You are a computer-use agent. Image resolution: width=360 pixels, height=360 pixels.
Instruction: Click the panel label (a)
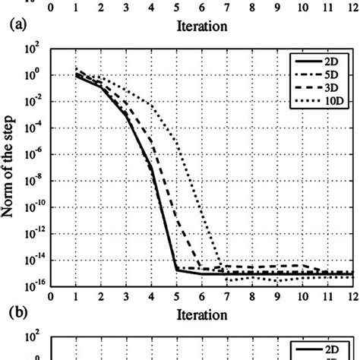pyautogui.click(x=18, y=24)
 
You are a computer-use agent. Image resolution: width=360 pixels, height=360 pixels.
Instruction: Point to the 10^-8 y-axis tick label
pyautogui.click(x=35, y=179)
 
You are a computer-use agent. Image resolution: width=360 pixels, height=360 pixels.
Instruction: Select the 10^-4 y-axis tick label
pyautogui.click(x=35, y=127)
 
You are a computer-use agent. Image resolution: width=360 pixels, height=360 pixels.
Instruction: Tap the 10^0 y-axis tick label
pyautogui.click(x=36, y=74)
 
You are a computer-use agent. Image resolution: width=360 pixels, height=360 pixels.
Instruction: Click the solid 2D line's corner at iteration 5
pyautogui.click(x=177, y=270)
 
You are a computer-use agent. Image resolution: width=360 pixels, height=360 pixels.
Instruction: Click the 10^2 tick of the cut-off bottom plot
pyautogui.click(x=36, y=336)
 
